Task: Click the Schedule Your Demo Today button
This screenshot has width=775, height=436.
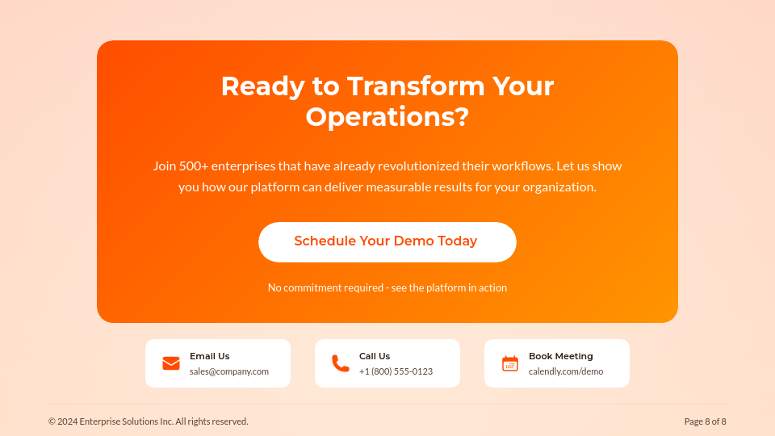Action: point(387,241)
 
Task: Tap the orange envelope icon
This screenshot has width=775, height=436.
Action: point(171,363)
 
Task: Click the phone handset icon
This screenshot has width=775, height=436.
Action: point(341,363)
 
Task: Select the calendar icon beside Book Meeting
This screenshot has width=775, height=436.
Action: point(510,363)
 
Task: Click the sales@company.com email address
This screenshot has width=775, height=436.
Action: point(229,371)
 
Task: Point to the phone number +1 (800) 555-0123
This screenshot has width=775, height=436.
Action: point(396,371)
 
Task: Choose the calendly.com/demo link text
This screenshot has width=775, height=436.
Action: point(566,371)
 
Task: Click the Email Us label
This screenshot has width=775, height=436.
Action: point(210,356)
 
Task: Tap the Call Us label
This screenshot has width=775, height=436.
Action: point(375,356)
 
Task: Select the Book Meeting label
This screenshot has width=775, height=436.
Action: point(561,356)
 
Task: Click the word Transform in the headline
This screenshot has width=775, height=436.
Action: point(416,86)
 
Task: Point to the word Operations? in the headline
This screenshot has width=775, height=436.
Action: point(387,117)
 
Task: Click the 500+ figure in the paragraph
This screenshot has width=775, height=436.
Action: point(194,166)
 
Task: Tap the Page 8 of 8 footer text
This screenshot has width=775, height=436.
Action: point(706,421)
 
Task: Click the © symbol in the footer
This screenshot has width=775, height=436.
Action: point(52,421)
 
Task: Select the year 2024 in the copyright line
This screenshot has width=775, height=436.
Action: point(67,421)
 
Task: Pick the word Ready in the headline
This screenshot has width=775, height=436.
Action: point(263,87)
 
